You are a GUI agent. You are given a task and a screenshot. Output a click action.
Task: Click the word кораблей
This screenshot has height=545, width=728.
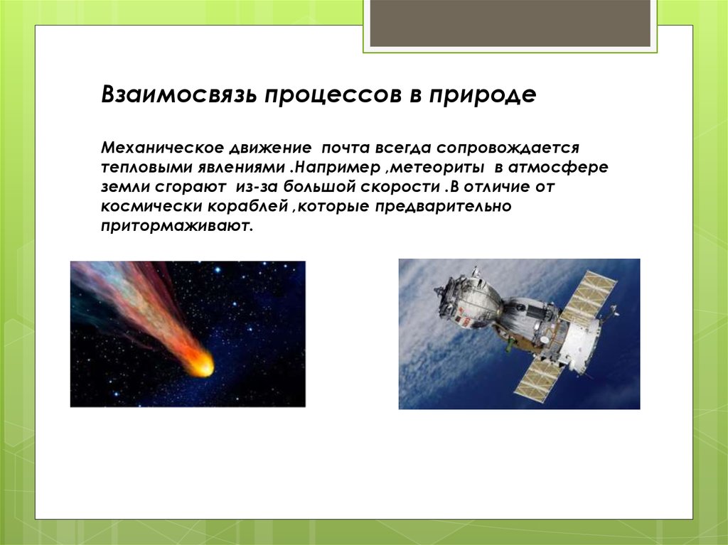tap(247, 208)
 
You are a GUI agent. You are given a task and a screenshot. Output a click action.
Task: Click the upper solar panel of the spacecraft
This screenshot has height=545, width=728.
tap(589, 298)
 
